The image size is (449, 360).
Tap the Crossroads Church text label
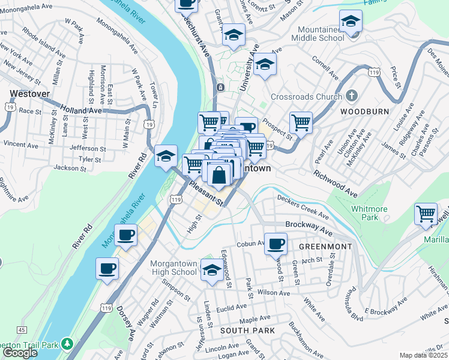tap(306, 97)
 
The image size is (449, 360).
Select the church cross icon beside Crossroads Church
tap(352, 96)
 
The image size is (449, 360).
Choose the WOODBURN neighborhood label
tap(364, 112)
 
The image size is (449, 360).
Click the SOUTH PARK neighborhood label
tap(247, 331)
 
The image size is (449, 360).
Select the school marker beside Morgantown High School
tap(211, 271)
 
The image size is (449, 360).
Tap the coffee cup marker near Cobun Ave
tap(276, 243)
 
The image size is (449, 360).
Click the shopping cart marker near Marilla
tap(426, 214)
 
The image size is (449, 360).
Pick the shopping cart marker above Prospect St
tap(301, 122)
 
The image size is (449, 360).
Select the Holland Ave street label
tap(82, 110)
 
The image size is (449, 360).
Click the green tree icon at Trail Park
tap(68, 344)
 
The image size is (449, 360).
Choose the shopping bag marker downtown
tap(220, 175)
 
